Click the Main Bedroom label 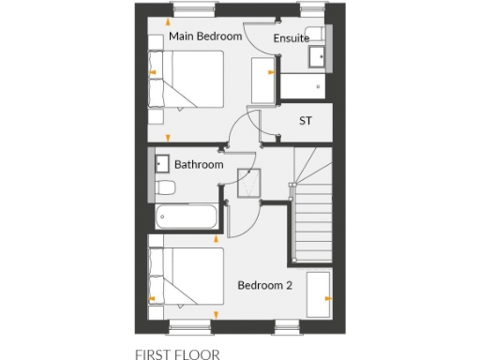coord(205,37)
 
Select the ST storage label coord(305,121)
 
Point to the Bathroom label coord(199,165)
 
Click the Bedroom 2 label coord(265,285)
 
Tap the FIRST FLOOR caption coord(177,354)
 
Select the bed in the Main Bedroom coord(187,81)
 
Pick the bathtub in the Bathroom coord(188,217)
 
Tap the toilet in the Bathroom coord(166,189)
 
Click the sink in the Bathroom coord(161,164)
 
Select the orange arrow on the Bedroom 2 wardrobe coord(327,297)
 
